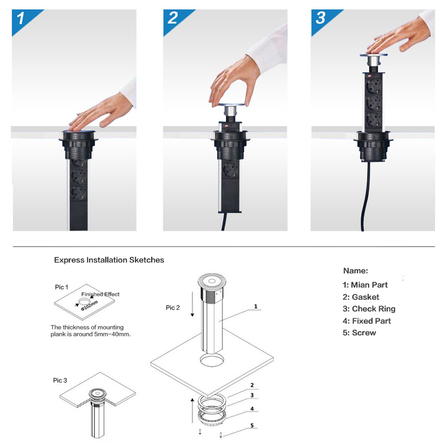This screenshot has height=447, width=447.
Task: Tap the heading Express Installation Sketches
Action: click(x=109, y=259)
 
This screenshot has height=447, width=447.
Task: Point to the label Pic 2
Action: click(x=173, y=307)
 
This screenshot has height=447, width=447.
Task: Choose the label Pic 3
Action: click(x=60, y=380)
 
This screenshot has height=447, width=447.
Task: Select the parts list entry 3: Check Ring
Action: click(x=369, y=309)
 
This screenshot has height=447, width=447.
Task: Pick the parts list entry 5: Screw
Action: click(x=359, y=333)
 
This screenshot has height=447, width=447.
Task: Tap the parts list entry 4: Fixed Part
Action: click(x=367, y=321)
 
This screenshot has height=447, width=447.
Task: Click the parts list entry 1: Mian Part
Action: click(x=365, y=285)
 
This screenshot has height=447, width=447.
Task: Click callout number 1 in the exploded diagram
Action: click(x=255, y=306)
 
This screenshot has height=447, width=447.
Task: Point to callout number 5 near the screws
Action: click(x=252, y=426)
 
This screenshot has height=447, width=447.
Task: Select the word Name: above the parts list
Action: click(x=355, y=271)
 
